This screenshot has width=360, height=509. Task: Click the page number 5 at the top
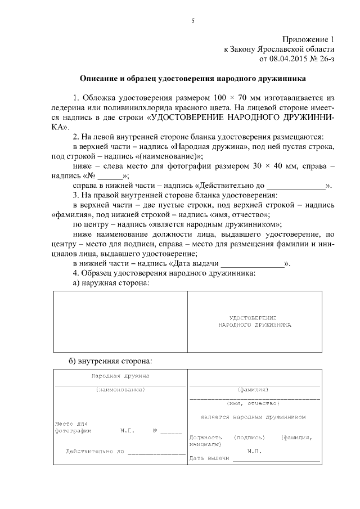tap(193, 21)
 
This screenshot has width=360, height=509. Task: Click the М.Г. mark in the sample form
tap(127, 431)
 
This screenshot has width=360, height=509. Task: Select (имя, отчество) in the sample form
tap(253, 403)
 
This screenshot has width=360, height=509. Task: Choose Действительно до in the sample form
tap(94, 451)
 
